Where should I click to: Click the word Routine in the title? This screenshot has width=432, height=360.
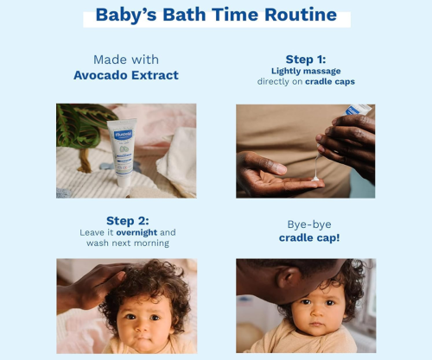(x=301, y=15)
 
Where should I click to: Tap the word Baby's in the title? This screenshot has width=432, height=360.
(x=126, y=15)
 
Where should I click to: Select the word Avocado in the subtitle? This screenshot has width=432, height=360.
(x=100, y=75)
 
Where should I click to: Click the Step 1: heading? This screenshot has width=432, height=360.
(x=306, y=60)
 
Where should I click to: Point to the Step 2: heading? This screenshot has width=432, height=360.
(x=128, y=221)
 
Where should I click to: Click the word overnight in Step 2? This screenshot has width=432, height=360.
(x=137, y=232)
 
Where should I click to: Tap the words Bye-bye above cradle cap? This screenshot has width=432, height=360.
(x=309, y=224)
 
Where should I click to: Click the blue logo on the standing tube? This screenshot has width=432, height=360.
(x=124, y=135)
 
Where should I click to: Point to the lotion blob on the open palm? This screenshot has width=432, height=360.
(x=315, y=179)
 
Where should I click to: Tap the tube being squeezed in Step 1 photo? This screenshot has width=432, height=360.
(x=358, y=110)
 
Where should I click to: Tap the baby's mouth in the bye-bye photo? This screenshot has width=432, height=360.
(x=316, y=324)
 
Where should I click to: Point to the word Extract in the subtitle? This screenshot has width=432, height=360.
(x=155, y=75)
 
